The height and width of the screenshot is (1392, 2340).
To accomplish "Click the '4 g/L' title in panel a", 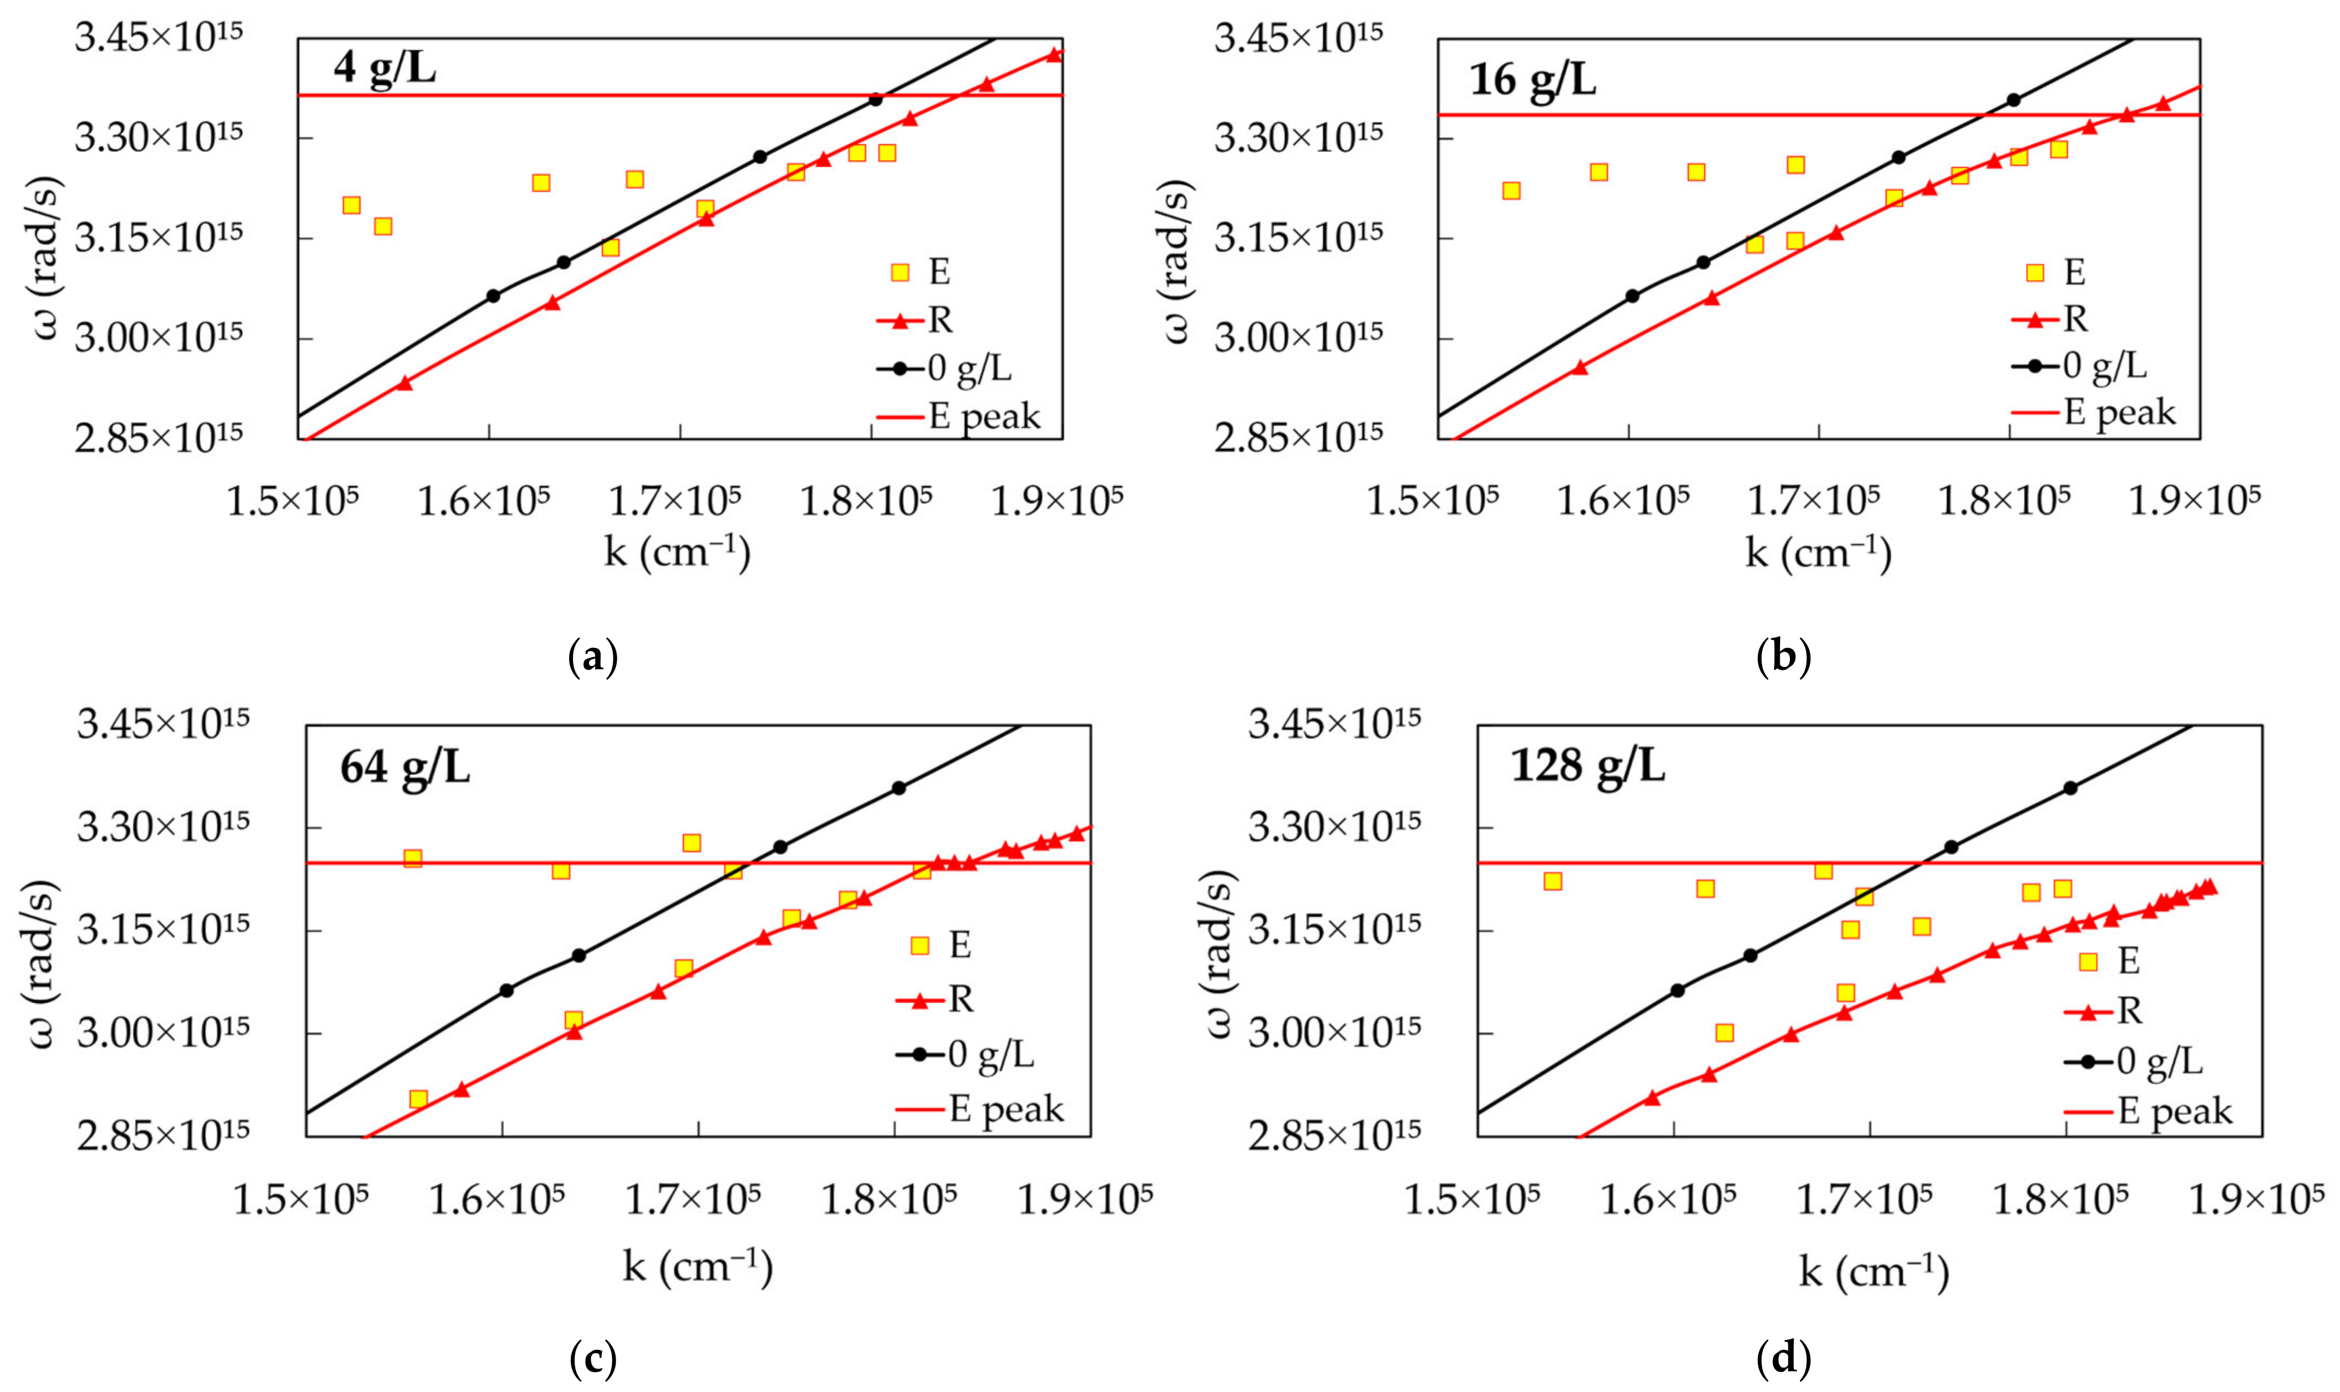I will [x=385, y=68].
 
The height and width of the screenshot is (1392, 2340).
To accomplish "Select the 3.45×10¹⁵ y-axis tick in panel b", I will [x=1298, y=38].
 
